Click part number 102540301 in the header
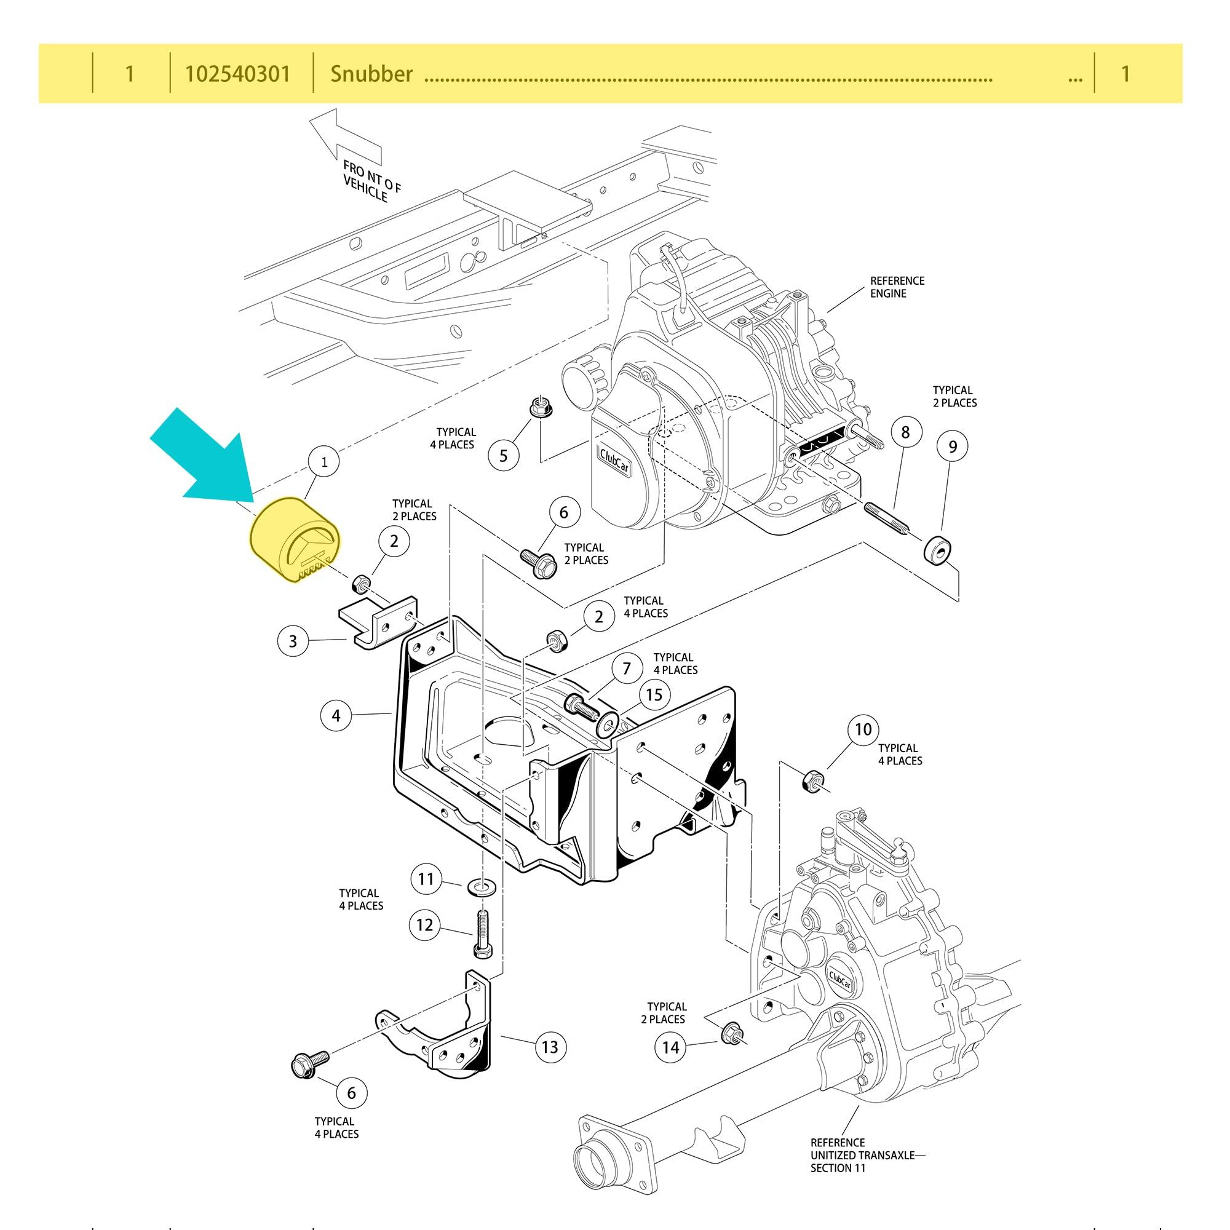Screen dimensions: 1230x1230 coord(237,74)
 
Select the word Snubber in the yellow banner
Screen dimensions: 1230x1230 coord(371,74)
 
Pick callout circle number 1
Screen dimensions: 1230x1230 coord(325,462)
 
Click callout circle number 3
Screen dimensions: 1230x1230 coord(293,640)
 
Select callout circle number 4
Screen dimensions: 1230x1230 coord(336,716)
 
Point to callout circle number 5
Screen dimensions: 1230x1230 coord(504,455)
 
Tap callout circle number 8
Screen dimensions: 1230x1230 coord(905,432)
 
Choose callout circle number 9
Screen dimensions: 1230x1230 coord(953,446)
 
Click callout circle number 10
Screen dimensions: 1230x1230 coord(863,729)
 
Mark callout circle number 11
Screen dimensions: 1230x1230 coord(426,879)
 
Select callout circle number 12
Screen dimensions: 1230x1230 coord(424,924)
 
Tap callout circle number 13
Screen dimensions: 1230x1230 coord(549,1047)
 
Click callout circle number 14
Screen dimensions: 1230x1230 coord(670,1047)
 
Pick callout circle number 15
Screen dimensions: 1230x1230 coord(654,694)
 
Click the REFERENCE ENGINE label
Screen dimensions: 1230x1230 coord(897,287)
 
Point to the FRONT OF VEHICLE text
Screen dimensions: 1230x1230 coord(371,181)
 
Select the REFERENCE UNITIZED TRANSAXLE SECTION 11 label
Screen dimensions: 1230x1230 coord(862,1155)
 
